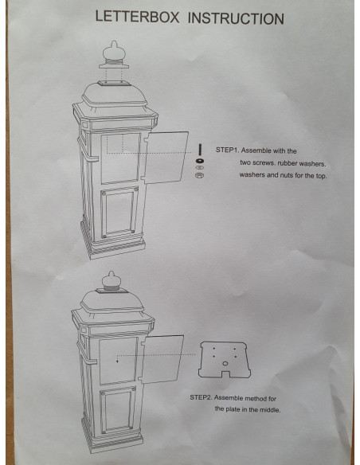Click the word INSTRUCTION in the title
pos(235,18)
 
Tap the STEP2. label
pos(203,397)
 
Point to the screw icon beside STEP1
pos(198,150)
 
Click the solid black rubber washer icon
pos(198,160)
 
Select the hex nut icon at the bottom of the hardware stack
pos(198,176)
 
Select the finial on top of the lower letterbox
pos(109,283)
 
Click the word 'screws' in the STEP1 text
pos(267,162)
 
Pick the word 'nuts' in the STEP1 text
pos(282,175)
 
